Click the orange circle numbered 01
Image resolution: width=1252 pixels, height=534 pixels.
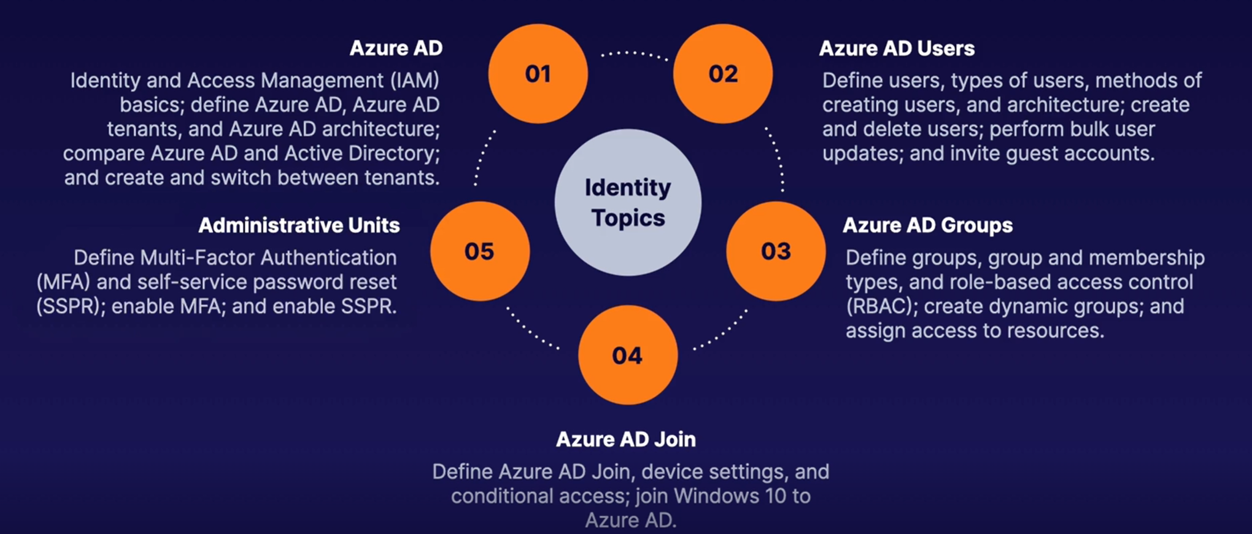pos(537,74)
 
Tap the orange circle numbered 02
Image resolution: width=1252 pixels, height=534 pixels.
pos(723,74)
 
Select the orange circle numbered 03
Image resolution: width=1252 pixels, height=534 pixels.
pos(775,251)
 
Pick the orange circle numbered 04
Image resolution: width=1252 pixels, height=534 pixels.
pos(628,355)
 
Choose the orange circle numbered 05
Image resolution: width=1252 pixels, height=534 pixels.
pos(479,251)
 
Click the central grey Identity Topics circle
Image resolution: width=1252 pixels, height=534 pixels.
pos(628,202)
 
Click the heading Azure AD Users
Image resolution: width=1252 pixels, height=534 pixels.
pos(897,48)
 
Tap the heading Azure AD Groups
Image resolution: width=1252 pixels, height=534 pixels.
pos(927,225)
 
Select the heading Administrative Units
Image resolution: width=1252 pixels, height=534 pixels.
pos(299,225)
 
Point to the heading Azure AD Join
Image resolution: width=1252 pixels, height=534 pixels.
pos(625,439)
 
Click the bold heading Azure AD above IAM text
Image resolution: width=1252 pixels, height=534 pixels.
pos(396,48)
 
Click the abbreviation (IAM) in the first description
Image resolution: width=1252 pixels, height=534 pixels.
pos(415,80)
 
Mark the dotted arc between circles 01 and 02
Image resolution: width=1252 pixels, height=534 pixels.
pos(634,54)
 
